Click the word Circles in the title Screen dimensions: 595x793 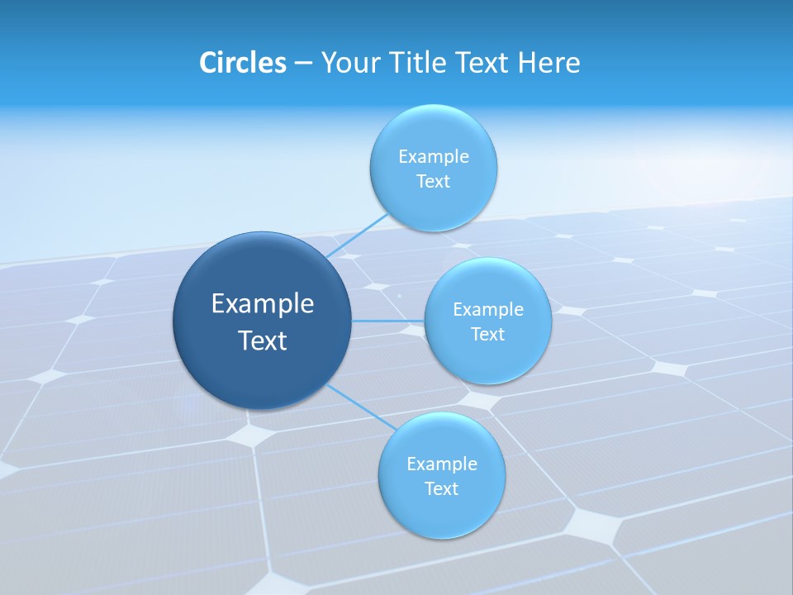click(x=243, y=63)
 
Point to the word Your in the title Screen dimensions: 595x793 click(x=349, y=63)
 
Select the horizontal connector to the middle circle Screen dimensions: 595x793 click(x=388, y=321)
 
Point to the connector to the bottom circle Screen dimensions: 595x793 click(x=360, y=407)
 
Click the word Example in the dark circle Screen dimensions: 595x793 click(x=263, y=304)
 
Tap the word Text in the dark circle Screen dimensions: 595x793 click(x=263, y=340)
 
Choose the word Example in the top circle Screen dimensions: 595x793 click(x=434, y=157)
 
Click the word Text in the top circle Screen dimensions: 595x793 click(x=434, y=182)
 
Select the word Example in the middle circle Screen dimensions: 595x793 click(x=488, y=310)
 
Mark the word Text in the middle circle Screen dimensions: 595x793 click(x=488, y=335)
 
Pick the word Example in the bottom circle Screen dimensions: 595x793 click(x=442, y=464)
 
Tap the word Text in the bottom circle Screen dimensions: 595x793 click(x=442, y=489)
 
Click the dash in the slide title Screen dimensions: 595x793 click(x=303, y=64)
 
